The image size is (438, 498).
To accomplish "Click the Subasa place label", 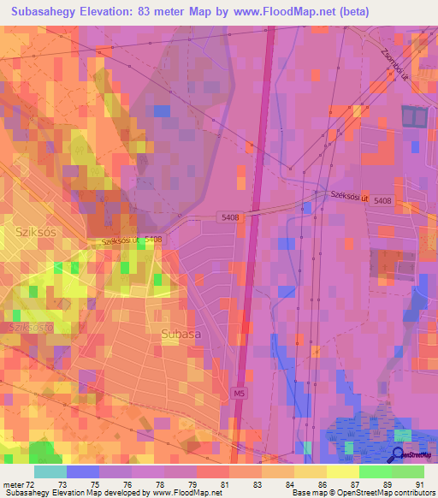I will coord(181,335).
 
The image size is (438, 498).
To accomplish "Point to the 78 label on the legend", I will coord(161,484).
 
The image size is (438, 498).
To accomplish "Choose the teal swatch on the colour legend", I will coord(50,471).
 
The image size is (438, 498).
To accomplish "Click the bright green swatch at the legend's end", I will coord(407,471).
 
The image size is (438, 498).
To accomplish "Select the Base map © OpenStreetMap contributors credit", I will coord(362,493).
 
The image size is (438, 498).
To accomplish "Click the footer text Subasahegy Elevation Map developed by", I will coord(68,493).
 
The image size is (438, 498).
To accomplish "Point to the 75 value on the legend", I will coord(96,484).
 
